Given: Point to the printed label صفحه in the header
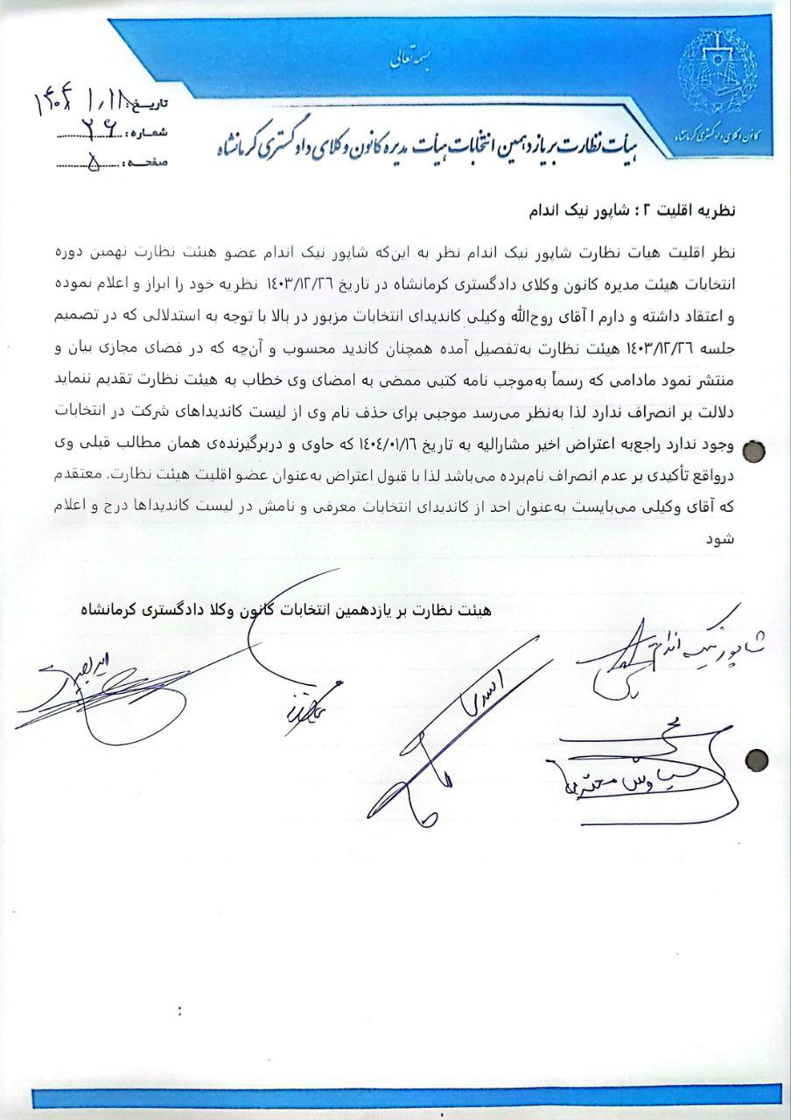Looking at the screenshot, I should click(149, 164).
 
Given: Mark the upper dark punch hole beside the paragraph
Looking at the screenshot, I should click(753, 450).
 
